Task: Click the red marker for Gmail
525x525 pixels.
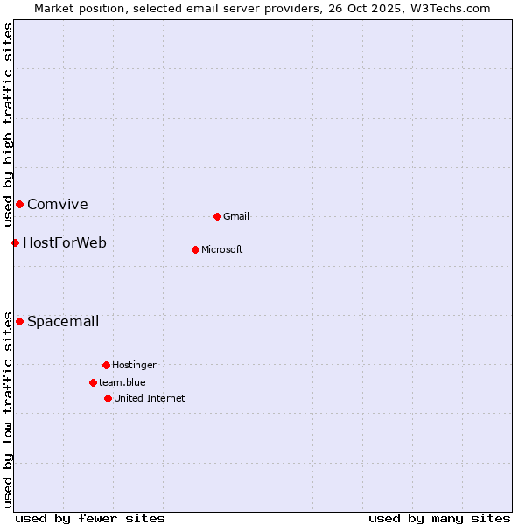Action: click(217, 216)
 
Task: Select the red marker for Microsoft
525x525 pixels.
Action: click(195, 249)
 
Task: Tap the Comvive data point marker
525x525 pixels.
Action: click(19, 204)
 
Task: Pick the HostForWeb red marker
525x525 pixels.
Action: click(15, 242)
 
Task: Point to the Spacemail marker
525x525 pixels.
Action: click(19, 321)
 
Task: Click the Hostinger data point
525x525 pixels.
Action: click(106, 365)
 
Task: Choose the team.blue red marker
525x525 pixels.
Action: click(93, 382)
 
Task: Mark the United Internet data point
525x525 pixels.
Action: click(108, 398)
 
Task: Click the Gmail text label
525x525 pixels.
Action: click(236, 216)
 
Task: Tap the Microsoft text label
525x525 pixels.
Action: click(222, 249)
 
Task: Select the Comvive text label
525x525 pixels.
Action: click(58, 204)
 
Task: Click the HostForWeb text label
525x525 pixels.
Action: click(65, 242)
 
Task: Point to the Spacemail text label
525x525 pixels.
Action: click(63, 321)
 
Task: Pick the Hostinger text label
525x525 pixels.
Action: click(134, 365)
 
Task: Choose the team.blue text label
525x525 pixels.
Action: click(122, 382)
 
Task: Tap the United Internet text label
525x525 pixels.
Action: click(150, 398)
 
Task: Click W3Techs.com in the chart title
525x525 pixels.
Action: click(451, 8)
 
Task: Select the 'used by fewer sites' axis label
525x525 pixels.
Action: click(90, 518)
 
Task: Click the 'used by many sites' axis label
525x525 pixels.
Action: click(439, 518)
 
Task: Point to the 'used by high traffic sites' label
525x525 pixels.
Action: click(8, 125)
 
